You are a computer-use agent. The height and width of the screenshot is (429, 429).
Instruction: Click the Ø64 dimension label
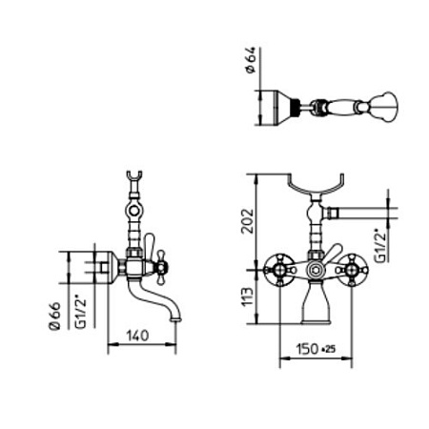pos(251,60)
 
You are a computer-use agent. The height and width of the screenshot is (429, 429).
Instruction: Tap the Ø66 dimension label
pos(54,317)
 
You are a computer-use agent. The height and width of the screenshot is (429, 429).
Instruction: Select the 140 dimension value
pos(137,336)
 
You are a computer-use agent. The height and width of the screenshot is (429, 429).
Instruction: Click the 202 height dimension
pos(248,221)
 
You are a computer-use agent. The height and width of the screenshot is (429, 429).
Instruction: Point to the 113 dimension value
pos(248,297)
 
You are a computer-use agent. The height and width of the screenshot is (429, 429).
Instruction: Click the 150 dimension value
pos(307,349)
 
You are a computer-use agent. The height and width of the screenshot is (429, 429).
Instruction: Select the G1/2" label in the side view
pos(81,313)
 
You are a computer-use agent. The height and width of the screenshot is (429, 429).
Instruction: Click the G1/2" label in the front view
pos(380,246)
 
